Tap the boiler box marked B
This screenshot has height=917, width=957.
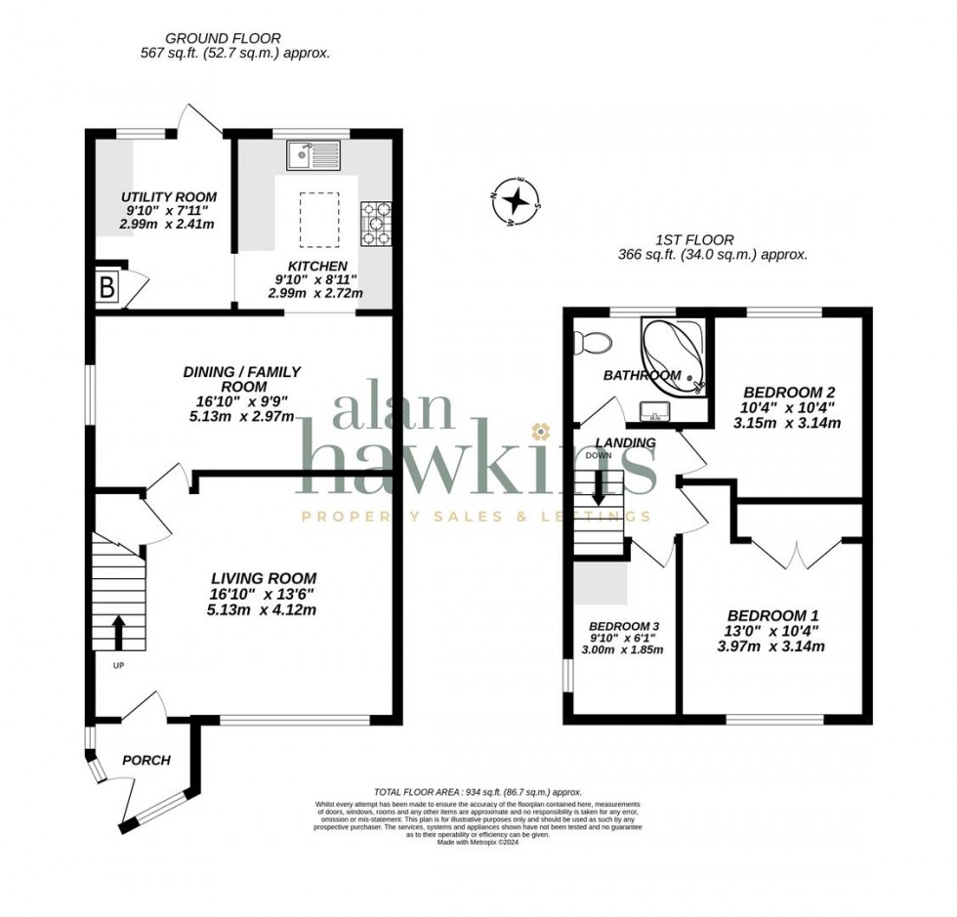click(x=105, y=288)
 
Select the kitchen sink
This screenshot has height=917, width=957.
click(x=312, y=153)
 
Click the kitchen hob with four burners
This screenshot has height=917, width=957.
click(x=376, y=224)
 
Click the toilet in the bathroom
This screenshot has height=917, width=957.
click(x=593, y=342)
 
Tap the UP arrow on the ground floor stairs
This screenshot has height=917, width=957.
click(x=118, y=632)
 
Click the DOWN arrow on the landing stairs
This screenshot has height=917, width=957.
click(x=598, y=490)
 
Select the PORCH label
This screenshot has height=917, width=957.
click(x=146, y=760)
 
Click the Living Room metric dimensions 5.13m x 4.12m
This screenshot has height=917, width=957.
click(x=261, y=609)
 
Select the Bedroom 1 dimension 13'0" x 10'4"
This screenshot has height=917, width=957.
click(x=771, y=631)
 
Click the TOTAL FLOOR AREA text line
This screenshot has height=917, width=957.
click(x=478, y=792)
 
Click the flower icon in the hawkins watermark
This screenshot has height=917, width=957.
click(x=539, y=431)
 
